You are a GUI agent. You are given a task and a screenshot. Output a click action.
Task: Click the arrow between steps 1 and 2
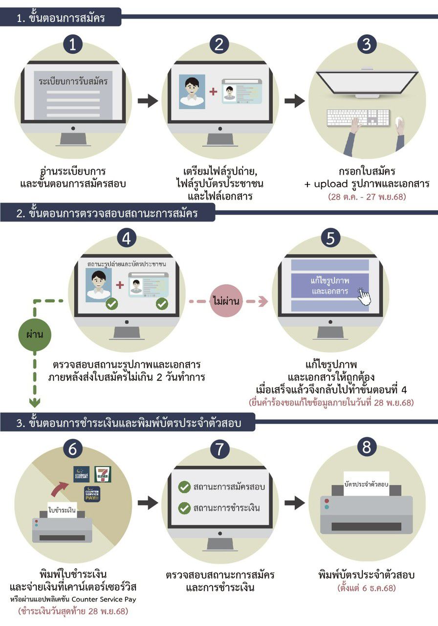point(148,101)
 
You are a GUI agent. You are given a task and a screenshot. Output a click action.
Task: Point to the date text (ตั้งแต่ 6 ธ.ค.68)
point(366,587)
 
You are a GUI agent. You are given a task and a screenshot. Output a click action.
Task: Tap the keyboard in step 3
point(358,118)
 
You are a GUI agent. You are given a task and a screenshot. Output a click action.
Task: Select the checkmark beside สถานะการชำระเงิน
point(184,508)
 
